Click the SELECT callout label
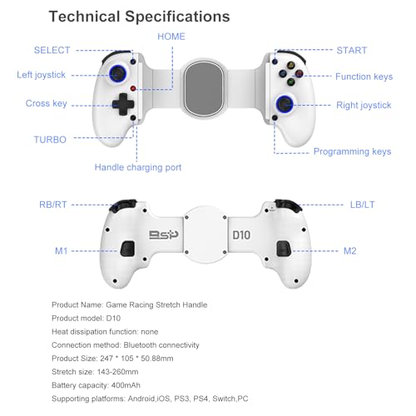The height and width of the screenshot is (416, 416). [x=52, y=50]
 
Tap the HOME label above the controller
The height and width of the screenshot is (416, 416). [x=171, y=37]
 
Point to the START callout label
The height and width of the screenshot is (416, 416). [x=352, y=51]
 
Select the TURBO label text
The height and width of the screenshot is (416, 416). [x=50, y=140]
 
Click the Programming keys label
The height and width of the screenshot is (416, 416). [x=352, y=151]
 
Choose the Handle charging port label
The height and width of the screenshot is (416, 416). [x=138, y=167]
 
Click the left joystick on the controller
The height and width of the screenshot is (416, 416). [x=118, y=74]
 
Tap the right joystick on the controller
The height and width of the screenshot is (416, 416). [x=285, y=104]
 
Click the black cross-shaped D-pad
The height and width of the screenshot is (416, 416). [x=123, y=104]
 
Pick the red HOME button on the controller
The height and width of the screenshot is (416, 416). [x=133, y=88]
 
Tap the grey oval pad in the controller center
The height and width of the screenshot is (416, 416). [x=204, y=88]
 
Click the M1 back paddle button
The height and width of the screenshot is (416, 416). [x=127, y=249]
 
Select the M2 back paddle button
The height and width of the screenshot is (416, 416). [x=284, y=249]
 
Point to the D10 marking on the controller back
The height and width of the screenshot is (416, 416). [x=241, y=235]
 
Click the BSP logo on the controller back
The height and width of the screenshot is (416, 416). [x=164, y=235]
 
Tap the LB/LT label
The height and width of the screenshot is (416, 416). [x=362, y=205]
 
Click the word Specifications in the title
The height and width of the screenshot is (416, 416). [x=177, y=17]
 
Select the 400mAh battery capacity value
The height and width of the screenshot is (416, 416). [x=126, y=385]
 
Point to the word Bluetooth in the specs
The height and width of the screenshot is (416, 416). [x=140, y=345]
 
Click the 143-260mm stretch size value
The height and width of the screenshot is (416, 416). [x=117, y=372]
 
